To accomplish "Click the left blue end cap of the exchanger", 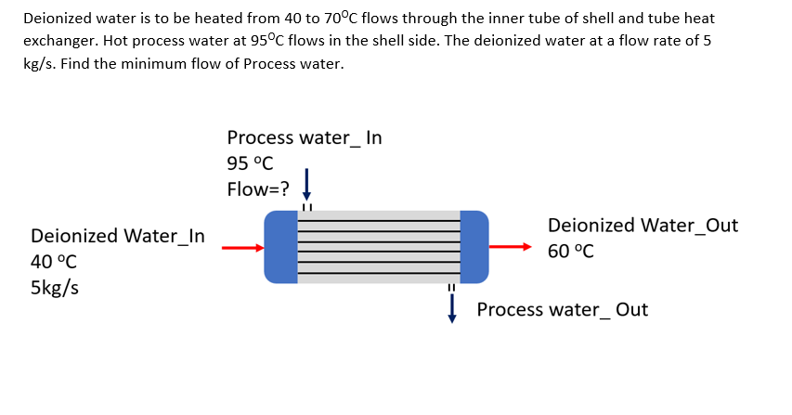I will coord(279,247).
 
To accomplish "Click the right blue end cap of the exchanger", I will coord(474,247).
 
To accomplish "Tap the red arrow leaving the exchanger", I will coord(511,247).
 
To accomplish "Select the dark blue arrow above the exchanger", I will coord(305,181).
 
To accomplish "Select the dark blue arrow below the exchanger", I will coord(452,307).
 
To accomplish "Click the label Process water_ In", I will coord(304,138).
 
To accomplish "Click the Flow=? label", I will coord(257,190).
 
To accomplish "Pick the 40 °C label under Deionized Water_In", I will coord(54,262).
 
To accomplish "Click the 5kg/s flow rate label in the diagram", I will coord(55,287).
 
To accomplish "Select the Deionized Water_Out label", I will coord(643,226).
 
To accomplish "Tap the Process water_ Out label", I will coord(562,309).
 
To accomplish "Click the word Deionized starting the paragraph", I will coord(57,19).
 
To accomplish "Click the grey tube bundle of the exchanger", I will coord(377,247).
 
